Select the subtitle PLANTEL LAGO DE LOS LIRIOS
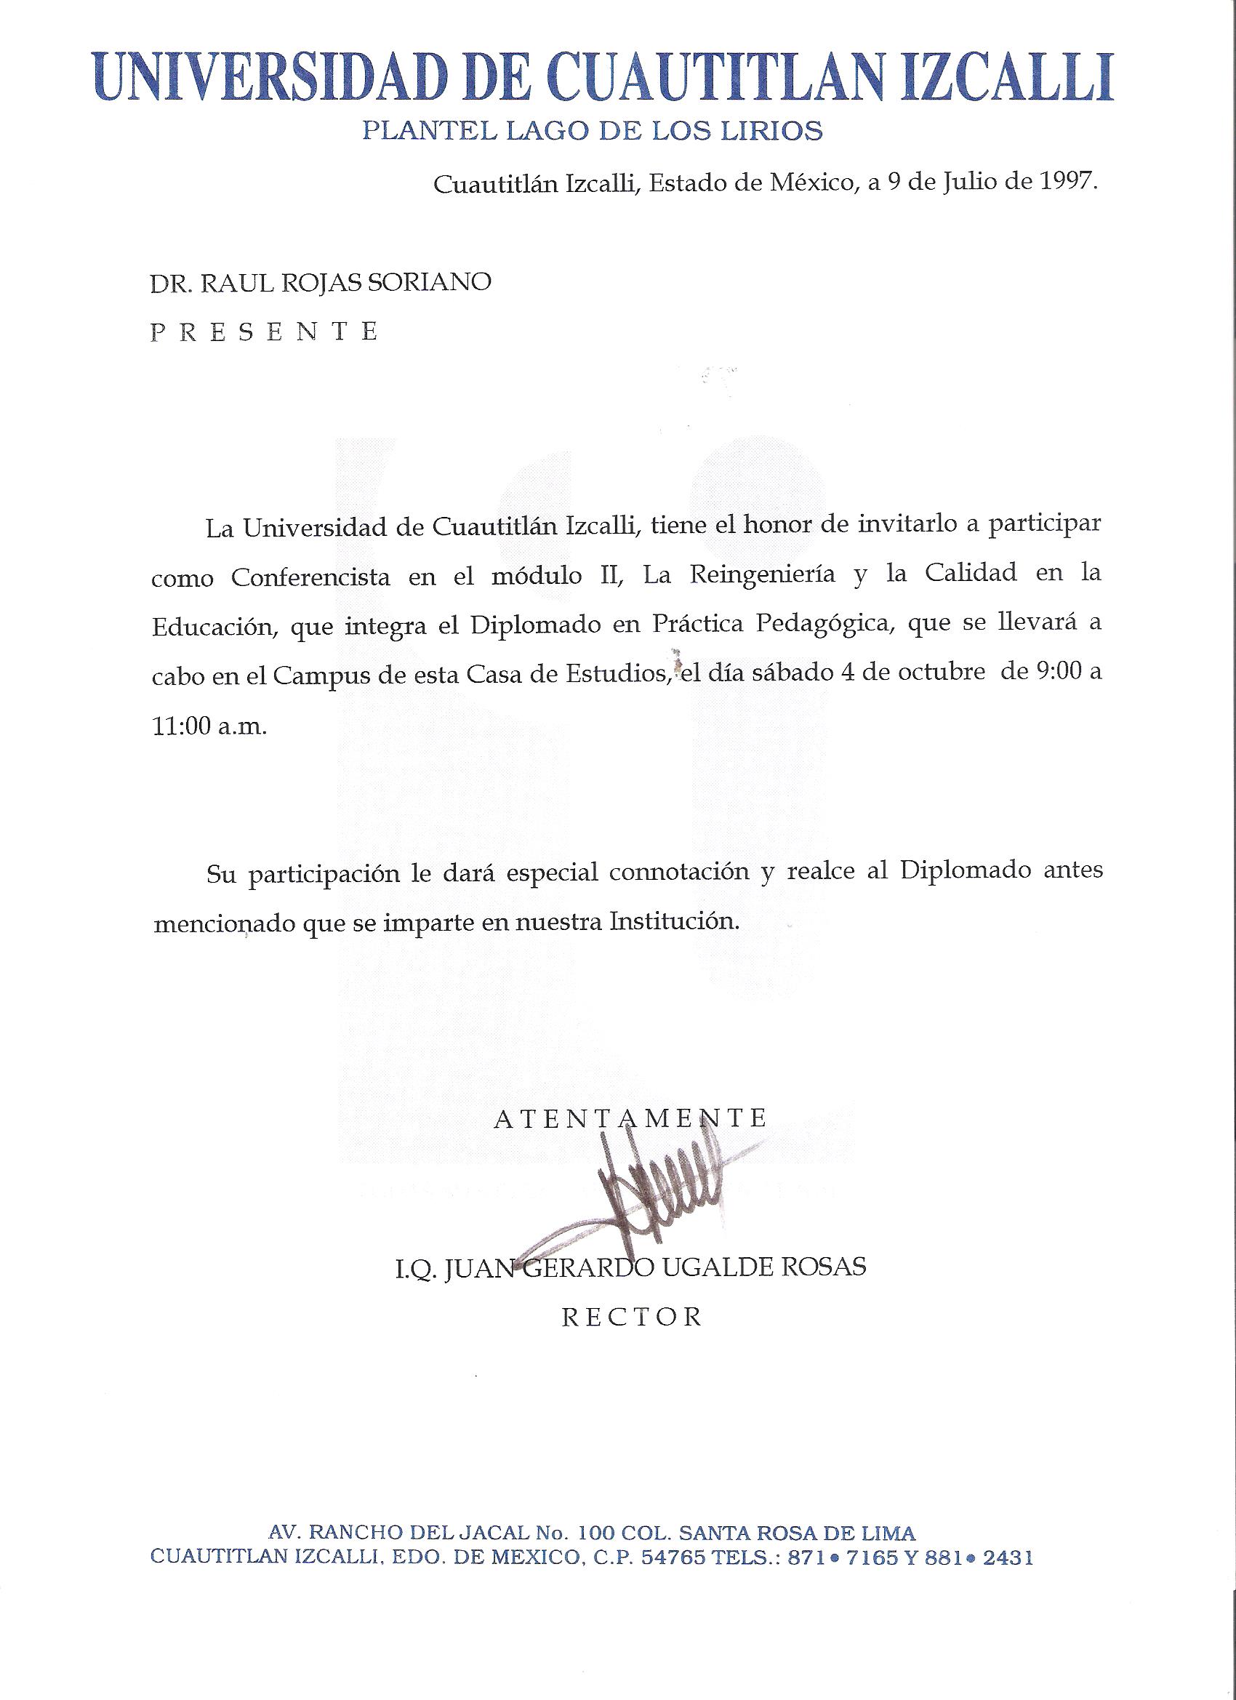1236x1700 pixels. [x=592, y=132]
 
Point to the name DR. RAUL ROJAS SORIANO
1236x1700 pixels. [x=321, y=282]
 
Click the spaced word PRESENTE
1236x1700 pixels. [x=265, y=332]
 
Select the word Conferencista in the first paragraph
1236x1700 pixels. [x=310, y=577]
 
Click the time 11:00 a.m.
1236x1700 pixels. [x=209, y=728]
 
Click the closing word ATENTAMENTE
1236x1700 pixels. [x=630, y=1119]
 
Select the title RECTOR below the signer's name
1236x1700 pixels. [x=632, y=1317]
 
